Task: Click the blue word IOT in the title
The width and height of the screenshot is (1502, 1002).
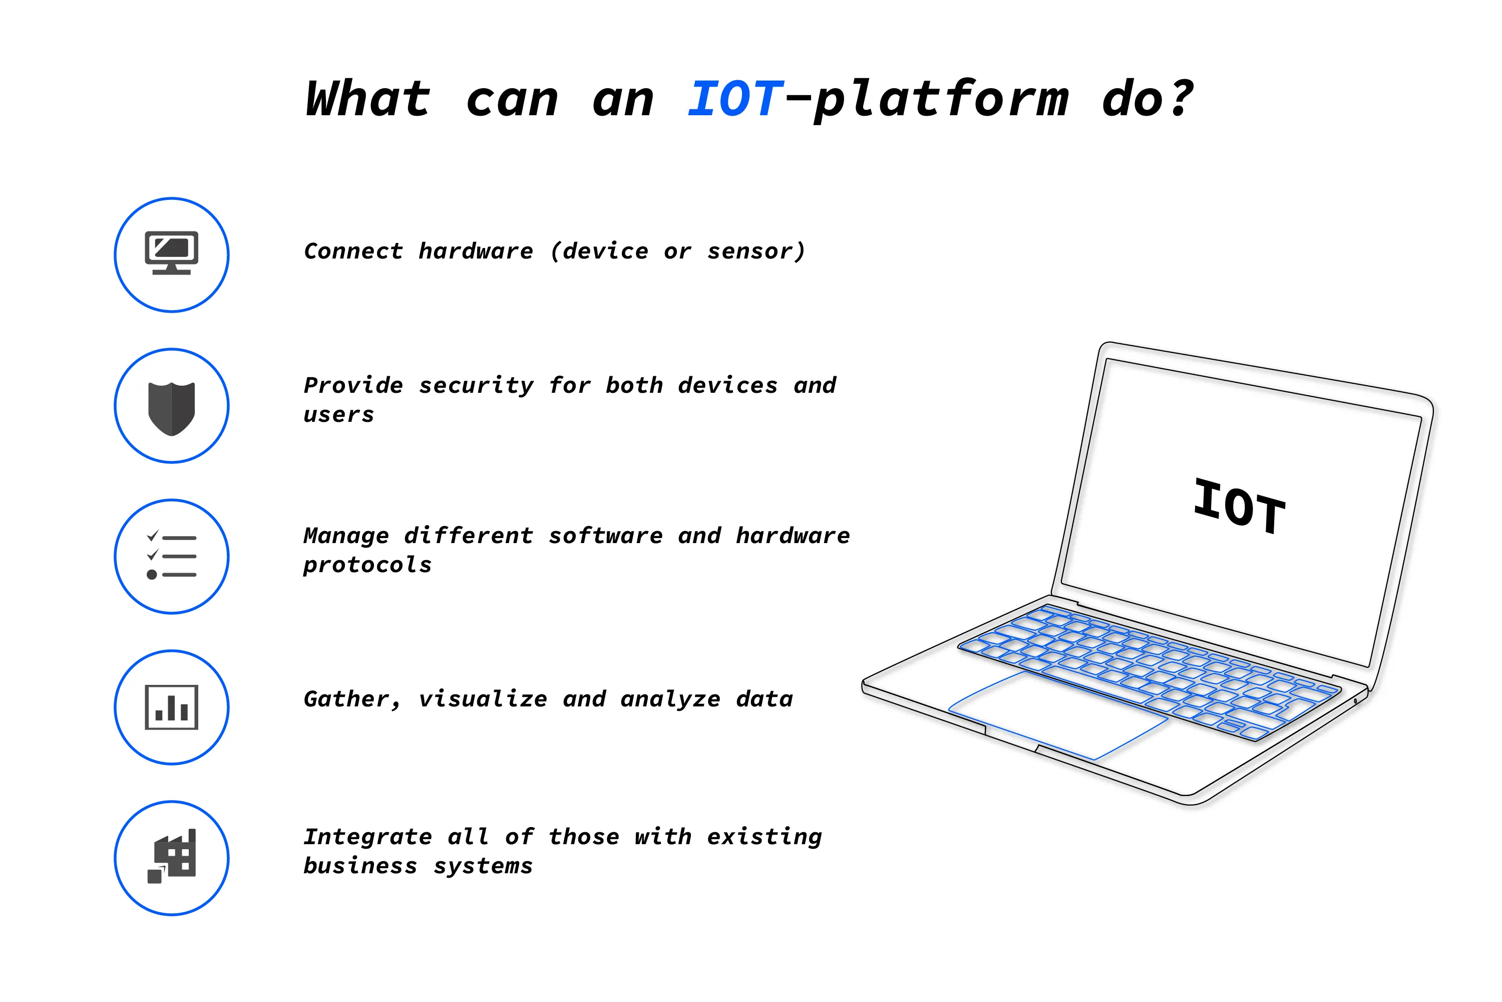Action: point(734,99)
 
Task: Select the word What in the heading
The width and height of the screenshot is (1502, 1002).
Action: point(368,99)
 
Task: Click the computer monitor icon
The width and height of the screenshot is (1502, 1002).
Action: point(171,254)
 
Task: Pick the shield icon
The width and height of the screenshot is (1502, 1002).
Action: point(171,408)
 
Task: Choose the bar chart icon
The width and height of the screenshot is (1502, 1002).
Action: point(171,707)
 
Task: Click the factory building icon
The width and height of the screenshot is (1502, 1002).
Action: point(171,857)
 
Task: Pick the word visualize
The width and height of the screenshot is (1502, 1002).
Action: point(483,699)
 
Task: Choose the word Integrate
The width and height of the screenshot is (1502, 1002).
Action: point(368,837)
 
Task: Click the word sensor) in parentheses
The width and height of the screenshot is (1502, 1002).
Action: point(756,251)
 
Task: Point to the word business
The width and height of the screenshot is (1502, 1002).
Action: point(360,866)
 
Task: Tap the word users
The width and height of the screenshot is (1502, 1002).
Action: point(338,415)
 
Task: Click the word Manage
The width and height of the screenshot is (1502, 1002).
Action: point(346,536)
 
